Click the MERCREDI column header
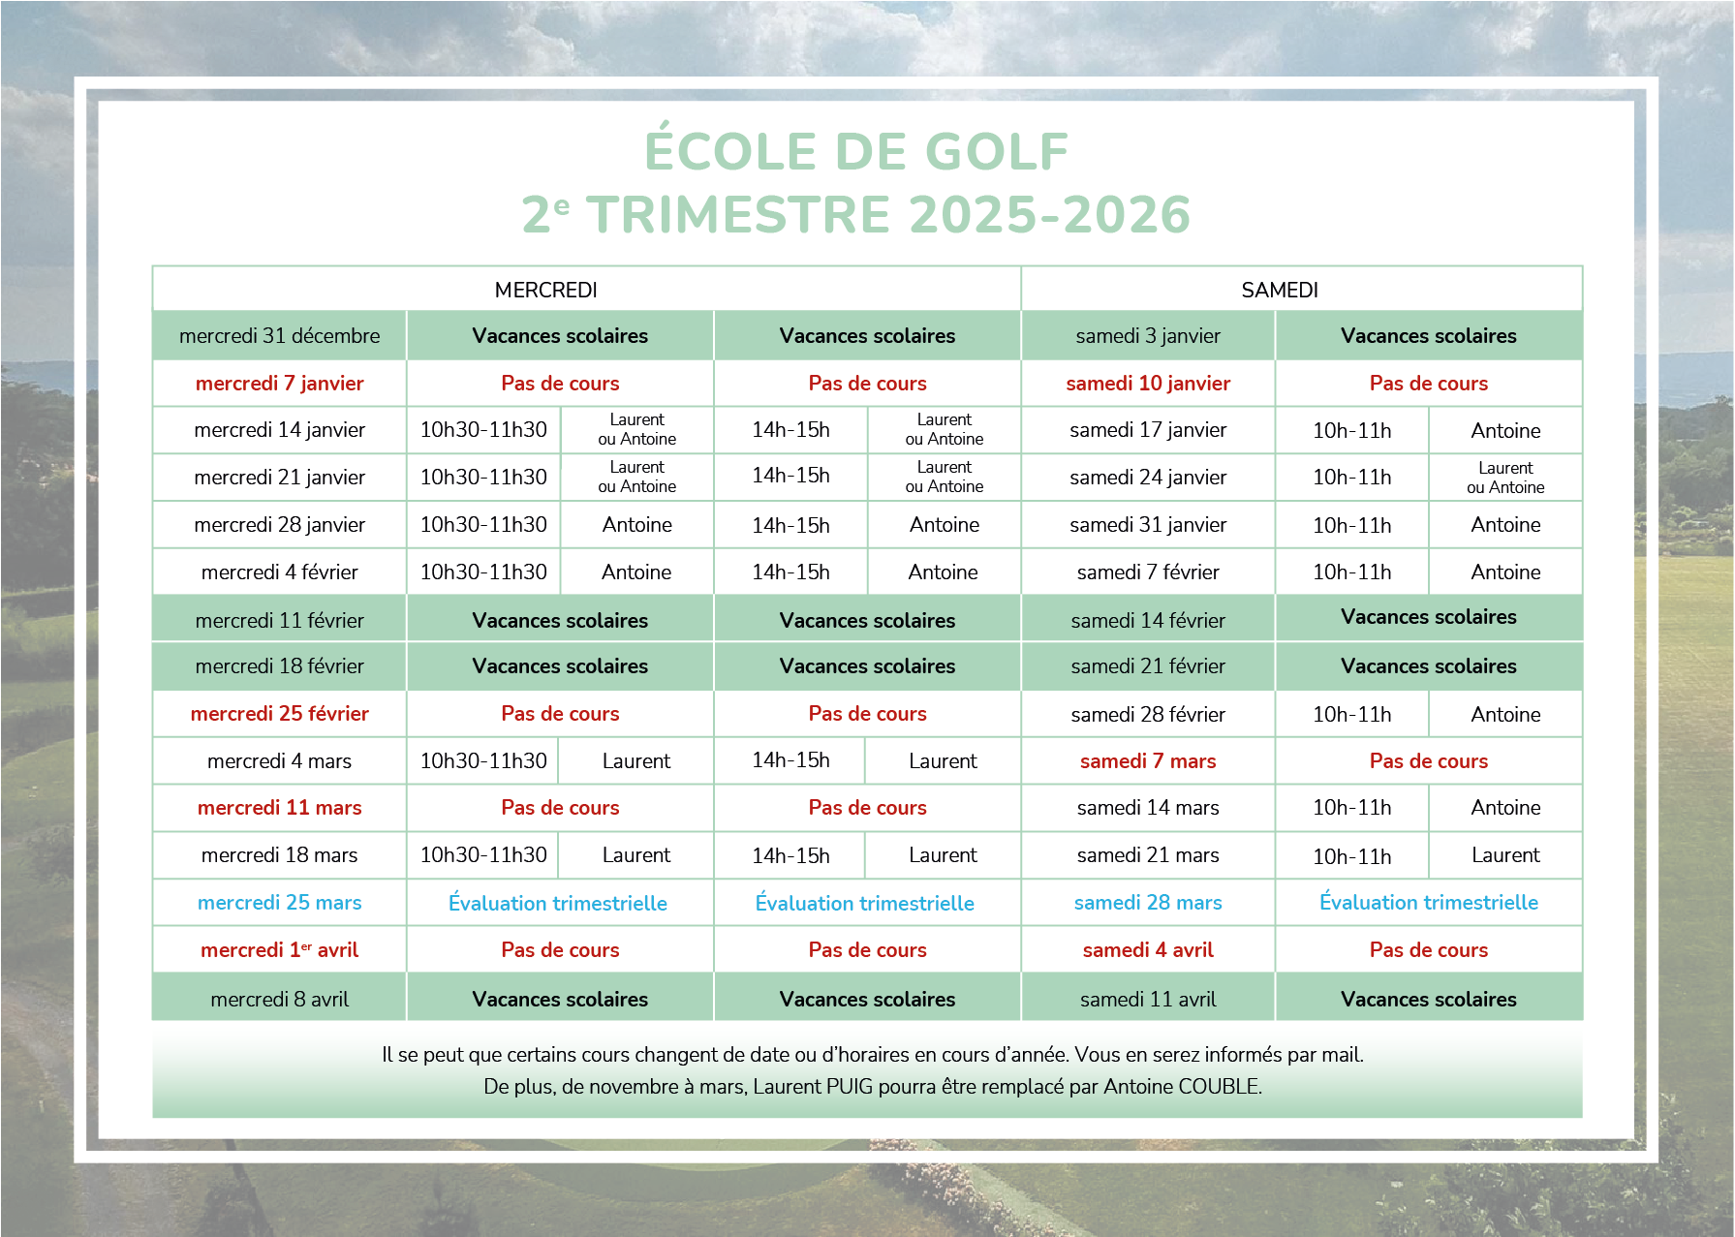[x=545, y=290]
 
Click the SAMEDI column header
[x=1279, y=290]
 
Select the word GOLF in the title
[x=997, y=152]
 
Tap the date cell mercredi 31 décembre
[x=279, y=336]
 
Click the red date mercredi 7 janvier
[x=279, y=384]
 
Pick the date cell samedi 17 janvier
[x=1147, y=430]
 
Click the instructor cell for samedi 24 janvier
[x=1504, y=478]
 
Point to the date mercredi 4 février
[x=279, y=572]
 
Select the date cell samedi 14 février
[x=1147, y=620]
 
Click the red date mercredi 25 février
[x=279, y=714]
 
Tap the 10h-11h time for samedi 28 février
[x=1351, y=715]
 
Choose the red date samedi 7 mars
[x=1147, y=761]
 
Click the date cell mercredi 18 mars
[x=279, y=855]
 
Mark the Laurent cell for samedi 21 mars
[x=1504, y=855]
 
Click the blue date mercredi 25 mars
[x=279, y=903]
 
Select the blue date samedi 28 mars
[x=1147, y=903]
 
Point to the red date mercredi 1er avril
[x=279, y=950]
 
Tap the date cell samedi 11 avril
[x=1147, y=1000]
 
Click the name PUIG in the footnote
[x=851, y=1087]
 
